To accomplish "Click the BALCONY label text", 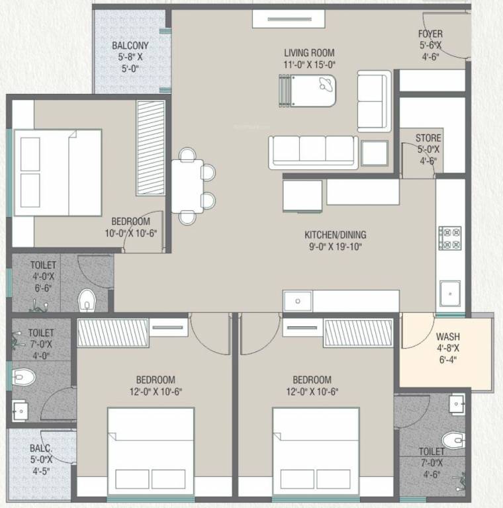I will click(130, 46).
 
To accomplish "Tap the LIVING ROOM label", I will click(309, 53).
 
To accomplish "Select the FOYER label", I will click(430, 34).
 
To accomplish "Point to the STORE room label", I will click(428, 138).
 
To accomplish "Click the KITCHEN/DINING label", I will click(335, 235).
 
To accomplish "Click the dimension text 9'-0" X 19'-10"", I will click(335, 247).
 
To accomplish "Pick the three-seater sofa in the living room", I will click(313, 152).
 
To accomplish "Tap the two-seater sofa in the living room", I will click(374, 103).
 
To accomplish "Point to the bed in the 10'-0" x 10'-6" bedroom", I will click(58, 172).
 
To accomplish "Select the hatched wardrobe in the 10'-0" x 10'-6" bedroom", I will click(150, 148).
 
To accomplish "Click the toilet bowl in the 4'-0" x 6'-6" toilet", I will click(87, 302).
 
